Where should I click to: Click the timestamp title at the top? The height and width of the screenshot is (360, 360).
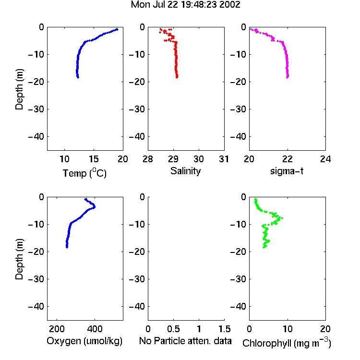coord(185,5)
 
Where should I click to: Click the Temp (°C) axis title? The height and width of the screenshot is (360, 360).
coord(84,173)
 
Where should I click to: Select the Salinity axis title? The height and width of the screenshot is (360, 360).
coord(185,171)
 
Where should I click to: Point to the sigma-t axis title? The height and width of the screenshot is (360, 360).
coord(287,171)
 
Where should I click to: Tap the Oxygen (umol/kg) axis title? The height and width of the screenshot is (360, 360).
coord(84,341)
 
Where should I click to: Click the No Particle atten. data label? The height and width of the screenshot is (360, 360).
coord(185,341)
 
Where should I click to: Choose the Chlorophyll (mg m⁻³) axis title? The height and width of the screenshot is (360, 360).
coord(287,343)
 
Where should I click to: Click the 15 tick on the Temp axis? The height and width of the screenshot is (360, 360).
coord(94,159)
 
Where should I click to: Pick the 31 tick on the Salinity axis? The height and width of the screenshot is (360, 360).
coord(224,159)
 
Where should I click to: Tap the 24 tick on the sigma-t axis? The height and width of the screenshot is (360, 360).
coord(325,159)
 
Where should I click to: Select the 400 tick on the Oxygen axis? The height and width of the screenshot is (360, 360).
coord(95,329)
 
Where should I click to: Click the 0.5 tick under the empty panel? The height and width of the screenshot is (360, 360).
coord(173,329)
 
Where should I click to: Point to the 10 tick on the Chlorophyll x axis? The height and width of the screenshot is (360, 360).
coord(288,329)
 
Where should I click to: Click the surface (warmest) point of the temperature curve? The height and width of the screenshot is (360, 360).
coord(117,29)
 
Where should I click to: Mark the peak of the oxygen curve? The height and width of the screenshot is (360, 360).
coord(95,207)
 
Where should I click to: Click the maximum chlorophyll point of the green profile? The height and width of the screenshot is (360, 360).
coord(282,218)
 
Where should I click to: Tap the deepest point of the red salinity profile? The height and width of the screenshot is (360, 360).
coord(177,77)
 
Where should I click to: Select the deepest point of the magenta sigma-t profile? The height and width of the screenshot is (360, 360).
coord(287,77)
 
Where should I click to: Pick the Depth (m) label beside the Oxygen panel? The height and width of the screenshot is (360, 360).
coord(19,259)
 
